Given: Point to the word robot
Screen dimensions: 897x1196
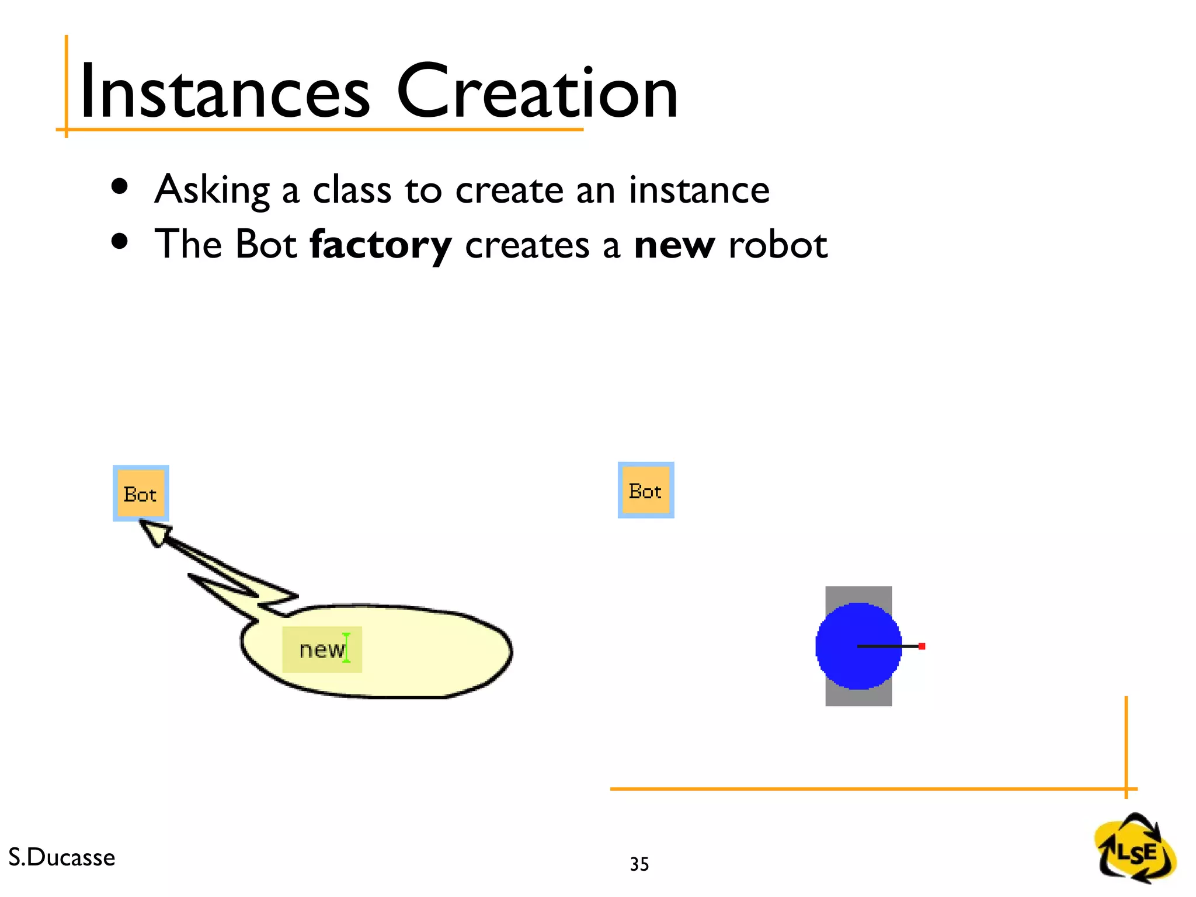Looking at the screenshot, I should (x=778, y=245).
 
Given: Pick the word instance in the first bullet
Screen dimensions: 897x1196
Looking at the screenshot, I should (x=699, y=190).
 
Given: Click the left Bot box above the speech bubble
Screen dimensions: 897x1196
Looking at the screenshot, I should (x=141, y=493).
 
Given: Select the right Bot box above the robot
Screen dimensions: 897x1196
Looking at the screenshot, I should (x=646, y=490).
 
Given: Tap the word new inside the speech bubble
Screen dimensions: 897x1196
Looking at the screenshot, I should (x=321, y=649).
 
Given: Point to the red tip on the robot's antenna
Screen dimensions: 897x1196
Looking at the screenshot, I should (x=922, y=646).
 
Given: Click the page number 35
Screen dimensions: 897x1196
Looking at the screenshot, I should (x=639, y=864).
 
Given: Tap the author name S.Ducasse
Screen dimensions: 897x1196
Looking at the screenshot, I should (x=62, y=857).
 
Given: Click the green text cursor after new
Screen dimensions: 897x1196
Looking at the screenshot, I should (x=347, y=648).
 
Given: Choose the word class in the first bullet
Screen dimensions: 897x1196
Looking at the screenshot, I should (x=352, y=190).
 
